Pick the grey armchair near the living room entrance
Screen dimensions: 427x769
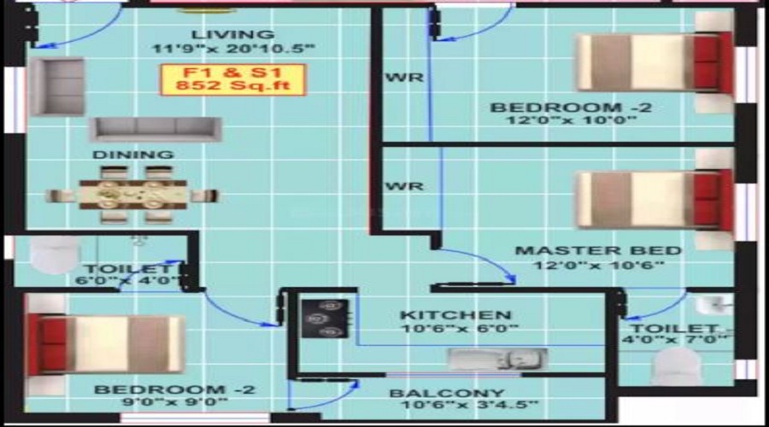[57, 86]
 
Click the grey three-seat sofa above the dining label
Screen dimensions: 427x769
[155, 129]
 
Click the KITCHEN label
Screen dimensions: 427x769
[455, 315]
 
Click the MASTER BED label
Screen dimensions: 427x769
[597, 250]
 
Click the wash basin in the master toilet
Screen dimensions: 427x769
[711, 305]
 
